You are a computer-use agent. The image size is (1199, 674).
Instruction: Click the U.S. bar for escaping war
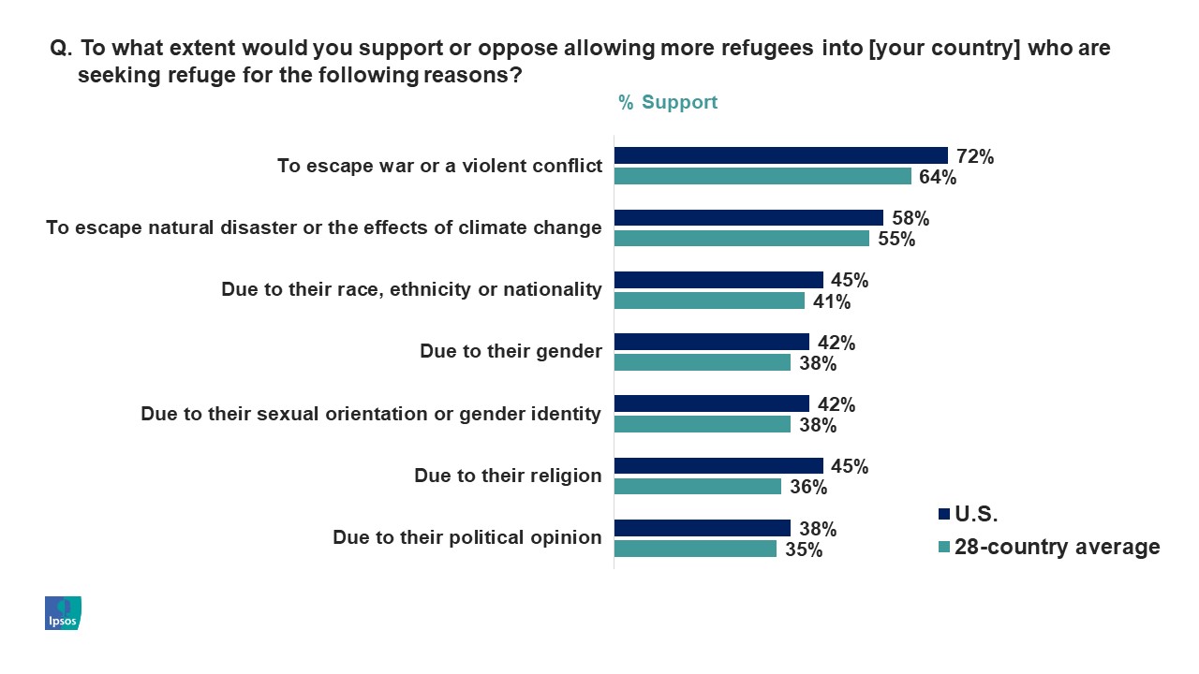click(x=780, y=155)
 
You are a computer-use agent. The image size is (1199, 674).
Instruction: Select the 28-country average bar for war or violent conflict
click(x=762, y=176)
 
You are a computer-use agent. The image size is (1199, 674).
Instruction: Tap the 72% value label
click(x=974, y=156)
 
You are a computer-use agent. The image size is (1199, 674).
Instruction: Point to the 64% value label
click(x=937, y=177)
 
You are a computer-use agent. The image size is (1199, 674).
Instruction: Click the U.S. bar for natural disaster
click(x=748, y=217)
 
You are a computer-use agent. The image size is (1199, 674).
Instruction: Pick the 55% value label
click(x=896, y=239)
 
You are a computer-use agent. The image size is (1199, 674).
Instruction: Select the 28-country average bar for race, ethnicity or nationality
click(x=709, y=300)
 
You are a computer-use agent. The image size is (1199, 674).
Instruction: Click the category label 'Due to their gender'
click(x=511, y=351)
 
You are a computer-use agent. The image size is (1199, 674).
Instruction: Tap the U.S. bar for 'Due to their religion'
click(x=718, y=465)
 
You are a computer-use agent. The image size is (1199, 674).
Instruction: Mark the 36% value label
click(x=807, y=487)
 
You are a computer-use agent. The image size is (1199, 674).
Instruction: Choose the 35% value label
click(x=803, y=549)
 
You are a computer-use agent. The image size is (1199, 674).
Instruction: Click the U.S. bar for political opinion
click(x=702, y=528)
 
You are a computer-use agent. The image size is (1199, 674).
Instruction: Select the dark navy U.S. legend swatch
click(x=943, y=513)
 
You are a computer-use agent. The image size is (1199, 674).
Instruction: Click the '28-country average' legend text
click(x=1057, y=547)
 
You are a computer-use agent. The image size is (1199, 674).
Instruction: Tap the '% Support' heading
click(x=668, y=102)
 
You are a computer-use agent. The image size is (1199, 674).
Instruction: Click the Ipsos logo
click(x=63, y=612)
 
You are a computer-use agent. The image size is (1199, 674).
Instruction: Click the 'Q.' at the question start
click(x=61, y=49)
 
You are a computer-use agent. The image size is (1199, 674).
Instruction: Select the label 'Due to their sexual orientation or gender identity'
click(x=371, y=413)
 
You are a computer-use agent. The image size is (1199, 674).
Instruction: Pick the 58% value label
click(x=910, y=218)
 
